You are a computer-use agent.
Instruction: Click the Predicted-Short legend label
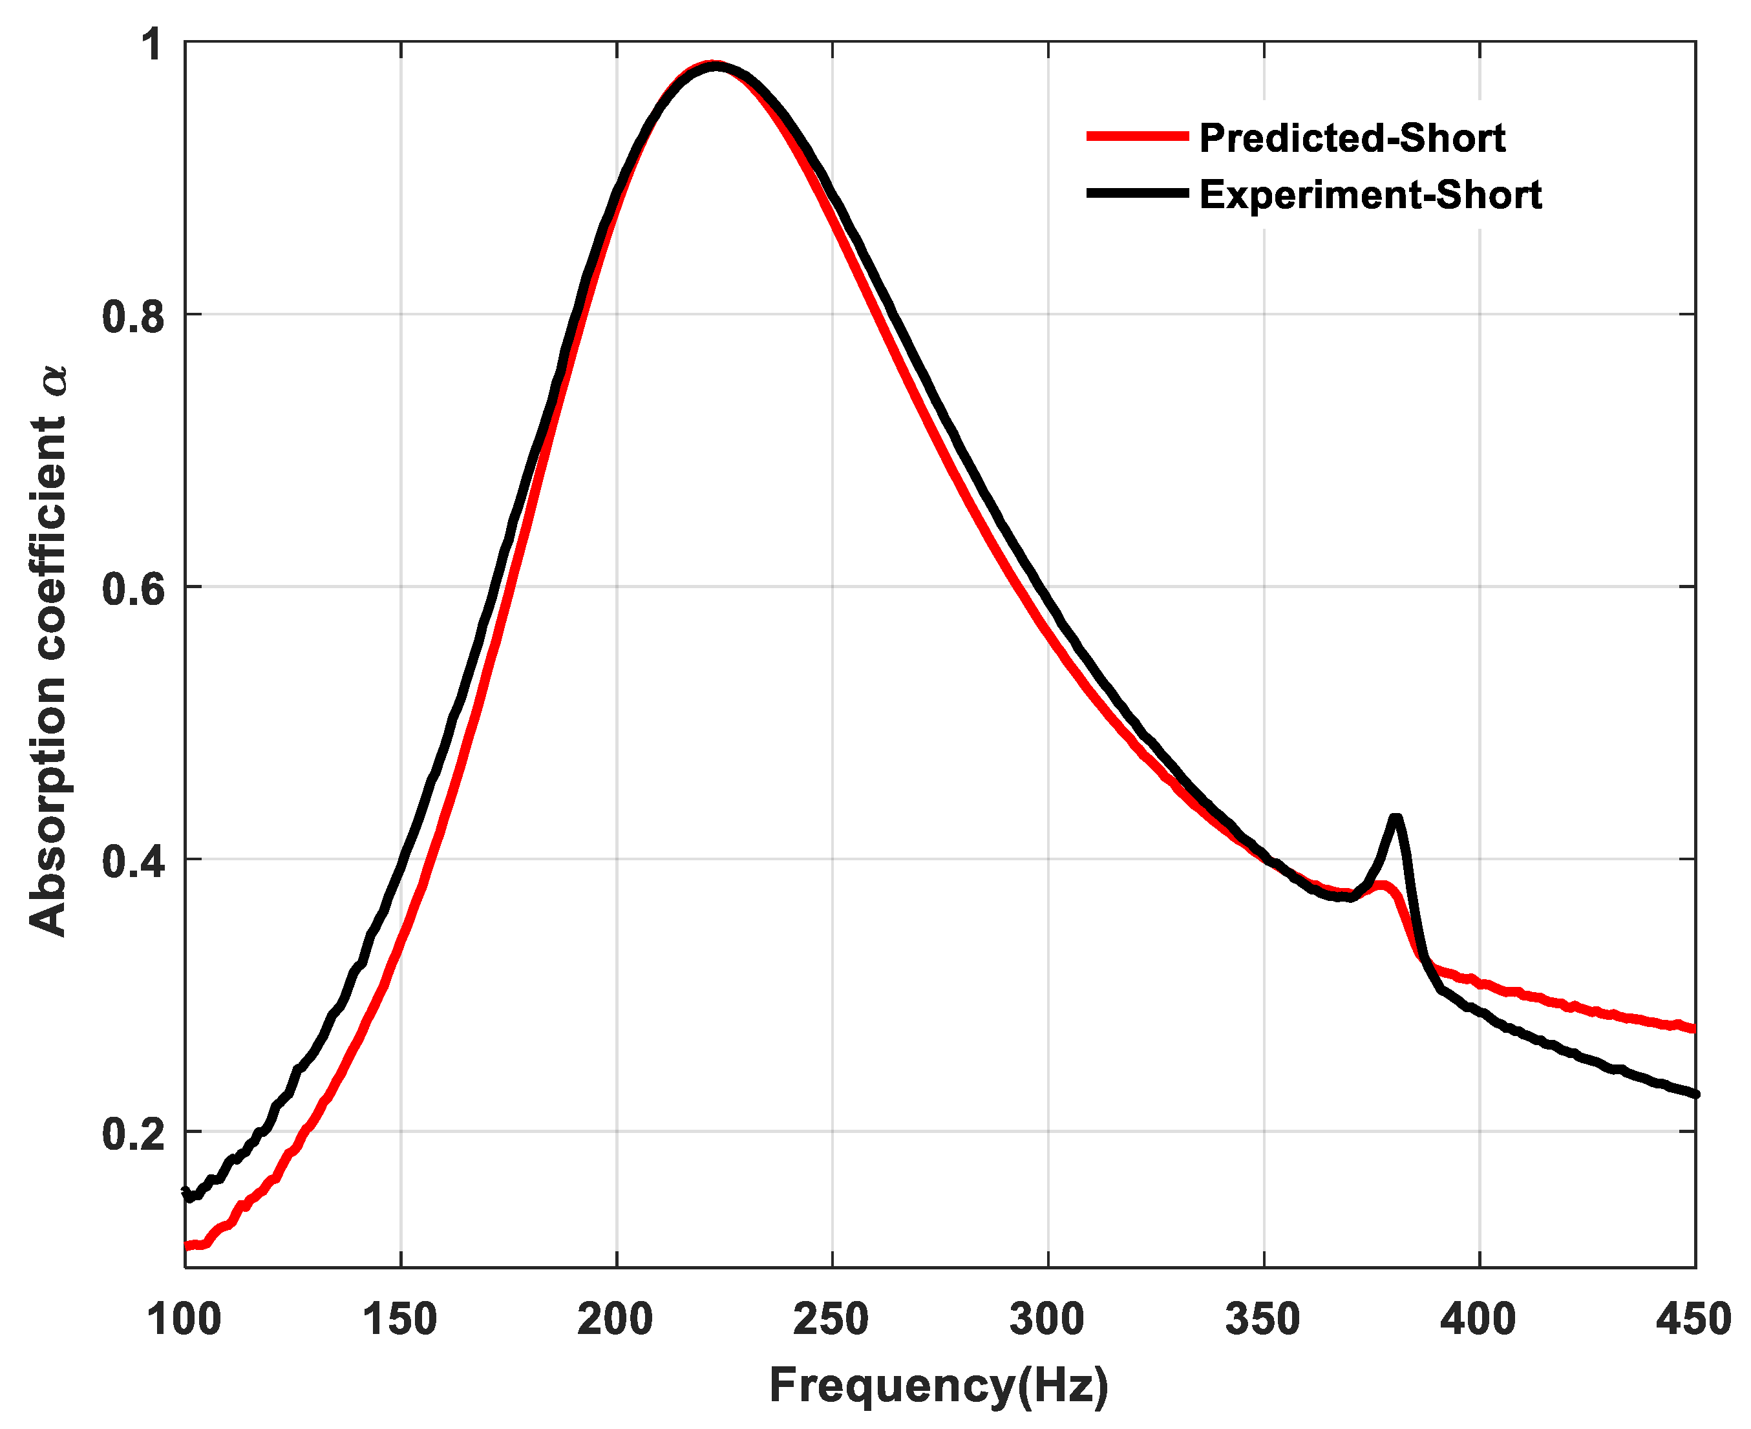pos(1352,138)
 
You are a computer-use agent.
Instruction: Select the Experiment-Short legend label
pos(1370,196)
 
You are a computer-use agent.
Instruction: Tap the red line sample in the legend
pos(1137,136)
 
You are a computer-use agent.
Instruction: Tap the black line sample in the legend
pos(1137,193)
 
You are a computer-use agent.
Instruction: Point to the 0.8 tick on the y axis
pos(133,317)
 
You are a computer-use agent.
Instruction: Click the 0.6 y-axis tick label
pos(133,589)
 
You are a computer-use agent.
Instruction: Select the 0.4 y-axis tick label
pos(133,862)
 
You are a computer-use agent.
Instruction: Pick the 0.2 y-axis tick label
pos(133,1134)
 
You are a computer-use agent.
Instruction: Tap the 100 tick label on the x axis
pos(184,1320)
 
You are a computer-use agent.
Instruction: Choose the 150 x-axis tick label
pos(400,1320)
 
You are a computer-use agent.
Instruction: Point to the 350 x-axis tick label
pos(1263,1320)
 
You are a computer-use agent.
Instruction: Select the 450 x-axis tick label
pos(1693,1320)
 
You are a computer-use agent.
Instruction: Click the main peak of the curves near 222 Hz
pos(715,66)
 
